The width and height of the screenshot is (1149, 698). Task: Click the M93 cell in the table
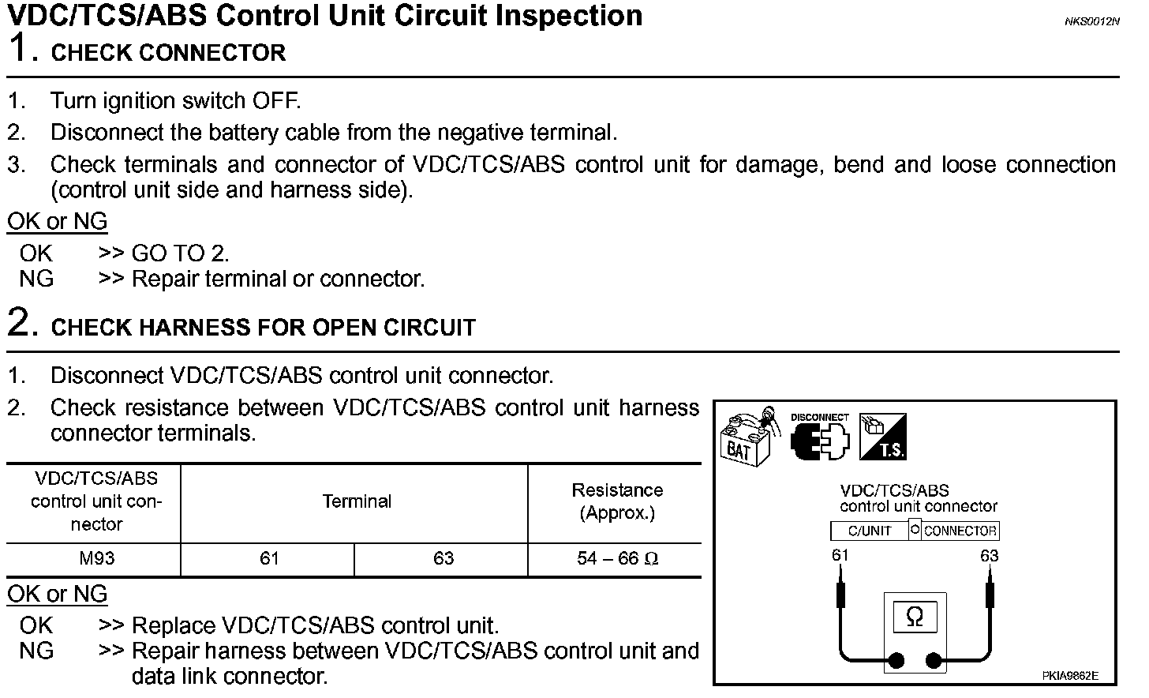pos(96,559)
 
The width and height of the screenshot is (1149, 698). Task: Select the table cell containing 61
pos(269,559)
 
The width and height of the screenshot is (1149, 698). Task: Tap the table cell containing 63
pos(444,559)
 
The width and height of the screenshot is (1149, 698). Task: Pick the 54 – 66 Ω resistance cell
pos(616,559)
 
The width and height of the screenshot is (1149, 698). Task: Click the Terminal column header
pos(357,501)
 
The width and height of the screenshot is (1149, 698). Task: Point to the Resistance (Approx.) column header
pos(616,501)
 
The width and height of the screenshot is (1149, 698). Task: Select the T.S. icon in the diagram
pos(882,437)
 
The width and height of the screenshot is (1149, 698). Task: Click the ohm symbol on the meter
pos(915,617)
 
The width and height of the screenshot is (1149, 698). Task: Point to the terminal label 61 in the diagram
pos(840,555)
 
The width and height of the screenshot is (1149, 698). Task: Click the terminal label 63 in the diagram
pos(989,556)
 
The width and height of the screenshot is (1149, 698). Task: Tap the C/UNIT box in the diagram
pos(869,531)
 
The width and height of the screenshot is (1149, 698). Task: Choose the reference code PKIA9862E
pos(1069,676)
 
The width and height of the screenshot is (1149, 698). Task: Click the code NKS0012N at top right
pos(1091,21)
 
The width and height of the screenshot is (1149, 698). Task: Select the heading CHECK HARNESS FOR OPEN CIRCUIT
pos(263,328)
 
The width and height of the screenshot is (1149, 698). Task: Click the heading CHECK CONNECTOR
pos(168,53)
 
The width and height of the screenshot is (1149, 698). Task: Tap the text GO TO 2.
pos(180,253)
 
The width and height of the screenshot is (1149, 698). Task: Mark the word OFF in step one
pos(275,101)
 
